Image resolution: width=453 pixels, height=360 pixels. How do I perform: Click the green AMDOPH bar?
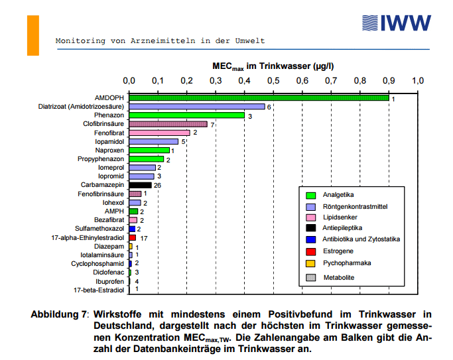[259, 98]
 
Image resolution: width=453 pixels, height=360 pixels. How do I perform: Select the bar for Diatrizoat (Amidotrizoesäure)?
[197, 107]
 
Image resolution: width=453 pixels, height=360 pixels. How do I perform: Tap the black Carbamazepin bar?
[140, 185]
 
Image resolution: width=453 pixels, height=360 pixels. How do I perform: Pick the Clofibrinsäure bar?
[168, 124]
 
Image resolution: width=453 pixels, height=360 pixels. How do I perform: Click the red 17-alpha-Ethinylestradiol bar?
[133, 237]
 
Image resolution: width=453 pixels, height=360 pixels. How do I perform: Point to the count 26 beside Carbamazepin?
[157, 185]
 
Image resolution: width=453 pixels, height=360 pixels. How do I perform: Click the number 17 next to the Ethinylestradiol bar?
[143, 237]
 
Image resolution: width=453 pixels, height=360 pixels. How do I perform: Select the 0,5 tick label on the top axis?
[273, 81]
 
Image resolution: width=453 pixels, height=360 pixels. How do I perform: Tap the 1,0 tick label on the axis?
[418, 81]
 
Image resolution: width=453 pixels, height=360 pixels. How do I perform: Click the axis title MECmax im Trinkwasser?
[273, 66]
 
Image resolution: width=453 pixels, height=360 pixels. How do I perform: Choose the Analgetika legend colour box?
[310, 195]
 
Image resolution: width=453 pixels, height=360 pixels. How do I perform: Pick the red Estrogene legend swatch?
[310, 251]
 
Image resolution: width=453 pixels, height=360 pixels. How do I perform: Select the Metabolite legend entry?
[338, 277]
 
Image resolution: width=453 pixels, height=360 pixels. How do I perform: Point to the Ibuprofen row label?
[110, 280]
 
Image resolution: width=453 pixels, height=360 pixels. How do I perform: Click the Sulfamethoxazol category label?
[101, 228]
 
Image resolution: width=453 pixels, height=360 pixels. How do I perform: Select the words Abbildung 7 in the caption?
[59, 313]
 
